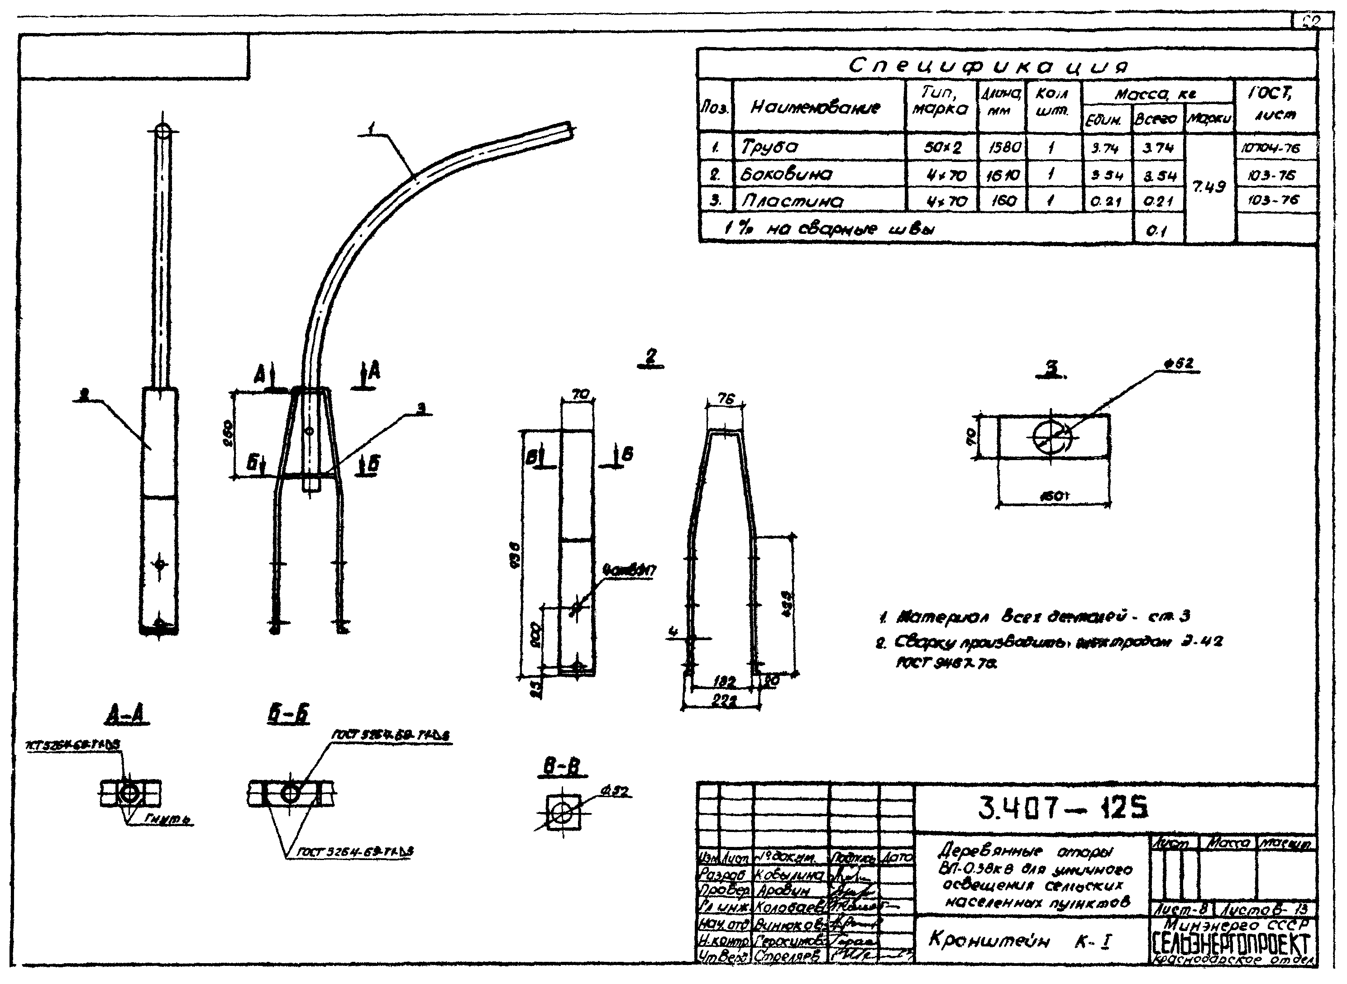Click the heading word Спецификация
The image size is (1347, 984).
pos(989,66)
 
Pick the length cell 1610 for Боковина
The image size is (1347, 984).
pos(1002,175)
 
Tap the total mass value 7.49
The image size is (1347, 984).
pos(1209,186)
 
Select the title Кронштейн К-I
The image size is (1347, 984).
pos(1019,941)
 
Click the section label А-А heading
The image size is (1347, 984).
pos(129,713)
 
